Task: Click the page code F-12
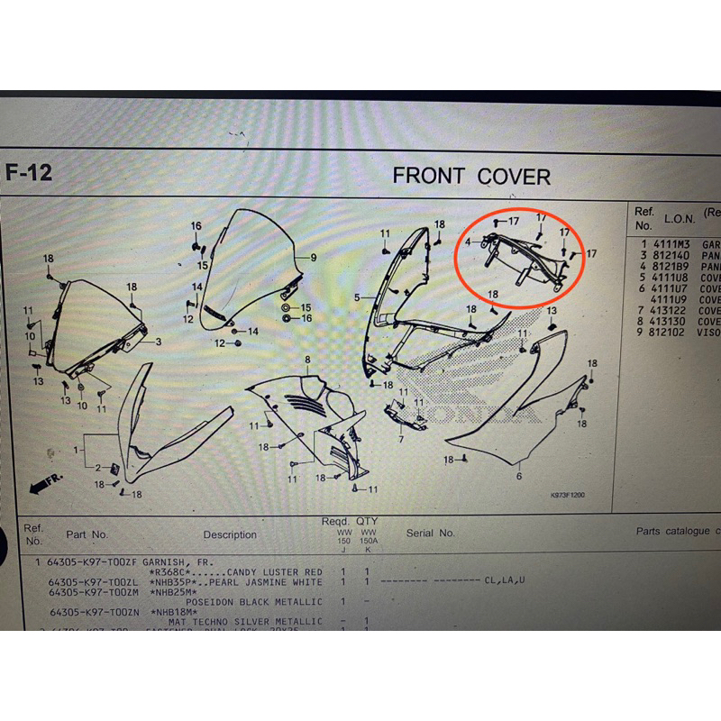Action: [x=29, y=172]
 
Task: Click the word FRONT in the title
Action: [x=428, y=176]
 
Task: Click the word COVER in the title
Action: [x=514, y=176]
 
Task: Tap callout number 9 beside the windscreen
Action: [x=314, y=258]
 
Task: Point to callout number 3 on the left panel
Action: [x=159, y=342]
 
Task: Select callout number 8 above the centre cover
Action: [x=306, y=360]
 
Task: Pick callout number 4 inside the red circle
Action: [x=469, y=242]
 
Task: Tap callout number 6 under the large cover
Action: [x=518, y=475]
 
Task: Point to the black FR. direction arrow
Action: [x=41, y=487]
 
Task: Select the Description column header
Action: [x=230, y=534]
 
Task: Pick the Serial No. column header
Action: [x=431, y=534]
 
